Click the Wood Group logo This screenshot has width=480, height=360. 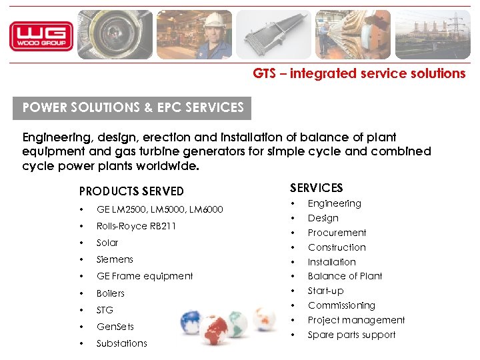[41, 36]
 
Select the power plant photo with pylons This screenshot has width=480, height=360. [432, 35]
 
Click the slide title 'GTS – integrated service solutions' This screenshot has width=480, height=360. [359, 74]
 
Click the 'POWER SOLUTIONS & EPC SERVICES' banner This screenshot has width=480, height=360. [133, 107]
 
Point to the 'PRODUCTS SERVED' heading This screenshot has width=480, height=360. [131, 191]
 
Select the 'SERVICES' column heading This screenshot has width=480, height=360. [316, 188]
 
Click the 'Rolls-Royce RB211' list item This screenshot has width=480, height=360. [136, 226]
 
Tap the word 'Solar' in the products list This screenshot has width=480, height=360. [107, 243]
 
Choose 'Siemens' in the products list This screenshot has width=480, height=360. [115, 259]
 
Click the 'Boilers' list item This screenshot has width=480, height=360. [111, 293]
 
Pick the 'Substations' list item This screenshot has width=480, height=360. [121, 343]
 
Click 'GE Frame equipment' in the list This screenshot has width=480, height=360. [145, 276]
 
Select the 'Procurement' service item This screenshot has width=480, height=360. [337, 233]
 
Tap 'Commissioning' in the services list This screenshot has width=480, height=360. [341, 305]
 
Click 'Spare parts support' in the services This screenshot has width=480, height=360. [351, 335]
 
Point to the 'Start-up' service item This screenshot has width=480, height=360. [325, 291]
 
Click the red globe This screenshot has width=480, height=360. [215, 330]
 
